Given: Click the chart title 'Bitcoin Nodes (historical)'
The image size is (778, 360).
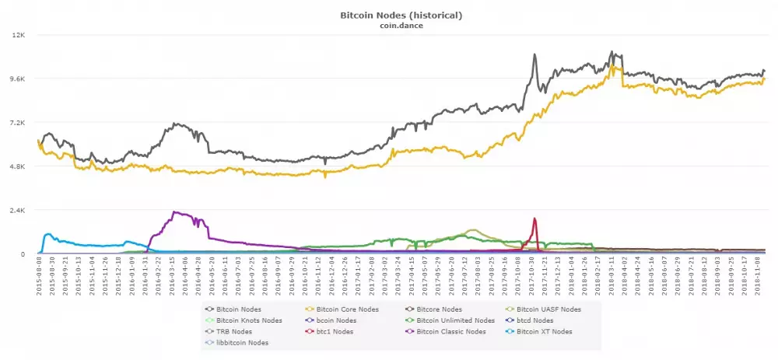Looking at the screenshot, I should [x=390, y=15].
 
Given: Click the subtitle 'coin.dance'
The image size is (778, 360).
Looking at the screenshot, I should [x=390, y=26].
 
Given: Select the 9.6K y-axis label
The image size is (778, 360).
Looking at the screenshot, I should [x=17, y=79].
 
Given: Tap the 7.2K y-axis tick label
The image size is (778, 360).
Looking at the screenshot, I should [x=17, y=123].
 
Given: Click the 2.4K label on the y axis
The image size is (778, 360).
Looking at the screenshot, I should [x=17, y=210].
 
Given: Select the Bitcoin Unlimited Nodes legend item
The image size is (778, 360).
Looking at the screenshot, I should [x=455, y=320].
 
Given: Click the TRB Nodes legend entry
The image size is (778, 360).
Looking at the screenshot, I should [x=234, y=331].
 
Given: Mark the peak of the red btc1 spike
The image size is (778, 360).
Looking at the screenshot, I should [x=534, y=218].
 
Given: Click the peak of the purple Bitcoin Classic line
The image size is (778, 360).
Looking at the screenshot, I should [x=173, y=212].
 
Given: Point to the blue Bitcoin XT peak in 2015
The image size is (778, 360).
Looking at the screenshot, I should [x=48, y=233].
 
